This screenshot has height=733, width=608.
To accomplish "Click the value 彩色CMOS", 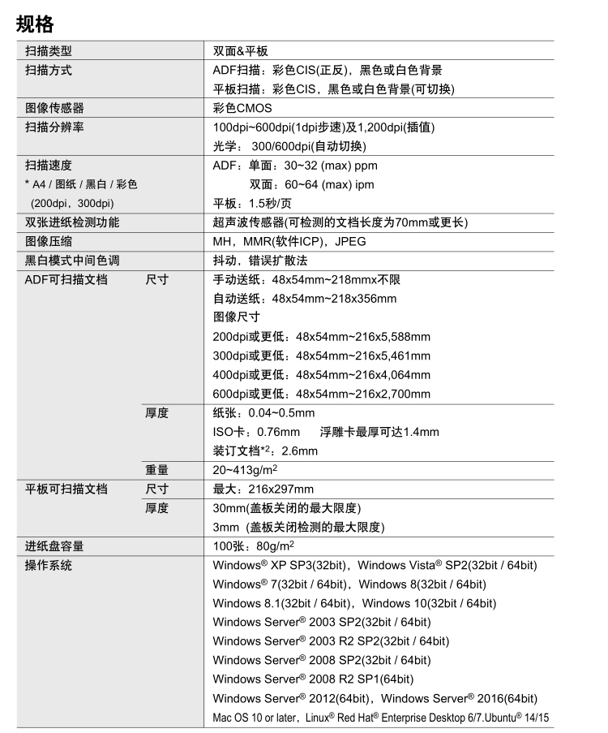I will [242, 108].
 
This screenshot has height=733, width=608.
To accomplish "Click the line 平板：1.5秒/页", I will [252, 203].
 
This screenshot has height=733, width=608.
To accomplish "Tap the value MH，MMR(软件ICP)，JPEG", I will [289, 241].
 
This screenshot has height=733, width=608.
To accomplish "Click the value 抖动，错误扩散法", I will [260, 261].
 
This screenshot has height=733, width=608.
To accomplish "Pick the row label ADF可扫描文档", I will [66, 279].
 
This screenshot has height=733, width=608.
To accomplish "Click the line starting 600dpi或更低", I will [321, 394].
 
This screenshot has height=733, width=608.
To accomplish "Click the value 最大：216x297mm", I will [263, 489].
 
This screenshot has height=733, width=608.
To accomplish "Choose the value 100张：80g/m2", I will [253, 545].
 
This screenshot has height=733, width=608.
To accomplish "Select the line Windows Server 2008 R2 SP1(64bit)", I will [313, 679].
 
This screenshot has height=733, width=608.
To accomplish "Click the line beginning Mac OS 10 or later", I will [381, 718].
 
